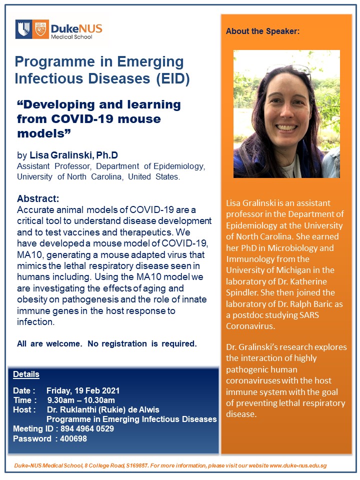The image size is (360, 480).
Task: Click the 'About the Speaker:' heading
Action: point(262,31)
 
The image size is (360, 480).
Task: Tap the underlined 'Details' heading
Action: point(26,374)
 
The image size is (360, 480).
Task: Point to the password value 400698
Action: point(73,438)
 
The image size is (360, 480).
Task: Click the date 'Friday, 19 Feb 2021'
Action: point(83,390)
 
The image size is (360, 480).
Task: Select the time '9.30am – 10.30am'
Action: point(81,400)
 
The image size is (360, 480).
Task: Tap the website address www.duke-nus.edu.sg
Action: point(298,465)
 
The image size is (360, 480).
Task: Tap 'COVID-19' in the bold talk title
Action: point(88,119)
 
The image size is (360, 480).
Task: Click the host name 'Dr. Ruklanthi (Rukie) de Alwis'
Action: point(103,409)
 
